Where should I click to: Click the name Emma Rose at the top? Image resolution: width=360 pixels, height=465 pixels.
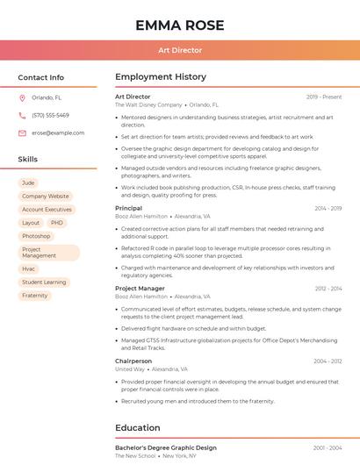[x=180, y=25]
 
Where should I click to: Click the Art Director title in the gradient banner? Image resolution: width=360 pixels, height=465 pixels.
[x=180, y=50]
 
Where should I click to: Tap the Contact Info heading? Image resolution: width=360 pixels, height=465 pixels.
[x=41, y=77]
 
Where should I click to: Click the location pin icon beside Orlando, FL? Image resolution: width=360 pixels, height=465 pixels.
[x=22, y=98]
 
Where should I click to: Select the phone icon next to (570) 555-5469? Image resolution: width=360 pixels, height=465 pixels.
[x=22, y=115]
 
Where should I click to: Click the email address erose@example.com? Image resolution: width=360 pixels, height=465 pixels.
[x=58, y=132]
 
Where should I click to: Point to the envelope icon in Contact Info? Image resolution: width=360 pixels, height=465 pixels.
[x=22, y=132]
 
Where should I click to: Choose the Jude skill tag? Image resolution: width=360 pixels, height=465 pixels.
[x=29, y=182]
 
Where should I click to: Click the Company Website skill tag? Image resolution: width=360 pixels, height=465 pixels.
[x=45, y=197]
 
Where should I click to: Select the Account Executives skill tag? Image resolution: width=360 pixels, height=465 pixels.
[x=47, y=210]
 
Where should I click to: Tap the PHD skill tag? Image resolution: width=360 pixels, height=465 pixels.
[x=57, y=223]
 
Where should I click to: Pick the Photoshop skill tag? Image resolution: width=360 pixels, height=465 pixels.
[x=36, y=236]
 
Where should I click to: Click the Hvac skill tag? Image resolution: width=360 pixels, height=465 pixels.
[x=29, y=268]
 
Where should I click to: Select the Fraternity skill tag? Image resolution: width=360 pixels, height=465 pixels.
[x=35, y=296]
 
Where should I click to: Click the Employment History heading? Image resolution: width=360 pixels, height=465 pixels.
[x=161, y=77]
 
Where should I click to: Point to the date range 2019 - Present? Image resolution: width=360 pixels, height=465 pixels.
[x=324, y=97]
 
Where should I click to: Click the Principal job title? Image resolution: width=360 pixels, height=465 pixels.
[x=128, y=208]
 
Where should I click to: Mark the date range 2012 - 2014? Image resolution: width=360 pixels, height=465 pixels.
[x=328, y=288]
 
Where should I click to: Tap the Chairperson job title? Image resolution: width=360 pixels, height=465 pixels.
[x=133, y=361]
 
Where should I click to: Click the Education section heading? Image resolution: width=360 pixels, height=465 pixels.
[x=138, y=427]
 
